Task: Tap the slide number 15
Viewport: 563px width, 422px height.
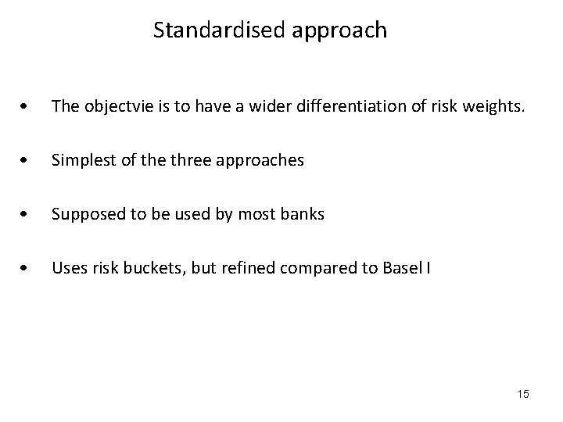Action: point(522,394)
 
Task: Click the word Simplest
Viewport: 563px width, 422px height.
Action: point(80,161)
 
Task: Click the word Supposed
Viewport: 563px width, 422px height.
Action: point(84,215)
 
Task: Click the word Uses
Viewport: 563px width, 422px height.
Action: point(66,269)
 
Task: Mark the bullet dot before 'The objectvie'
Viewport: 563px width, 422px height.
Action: point(27,107)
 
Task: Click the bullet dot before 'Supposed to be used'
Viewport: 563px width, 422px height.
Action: point(27,215)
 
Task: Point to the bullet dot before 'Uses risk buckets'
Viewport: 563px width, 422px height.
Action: point(27,269)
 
